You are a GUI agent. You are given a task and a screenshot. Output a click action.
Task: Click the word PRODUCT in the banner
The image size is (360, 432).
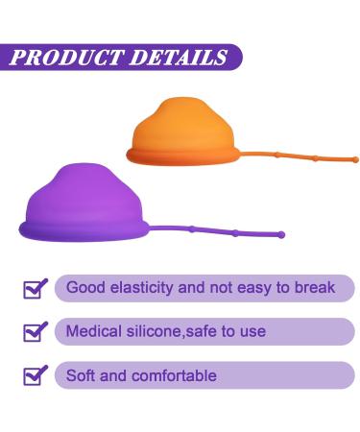coord(65,56)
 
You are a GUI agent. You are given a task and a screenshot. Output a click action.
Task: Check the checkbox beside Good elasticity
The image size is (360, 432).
coord(36,287)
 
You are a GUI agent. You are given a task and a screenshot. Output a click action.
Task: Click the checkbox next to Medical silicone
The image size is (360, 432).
coord(36,332)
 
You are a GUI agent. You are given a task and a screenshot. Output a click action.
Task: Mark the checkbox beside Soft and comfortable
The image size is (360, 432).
coord(36,376)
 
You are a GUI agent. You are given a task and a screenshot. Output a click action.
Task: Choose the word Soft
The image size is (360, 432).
coord(82,375)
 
